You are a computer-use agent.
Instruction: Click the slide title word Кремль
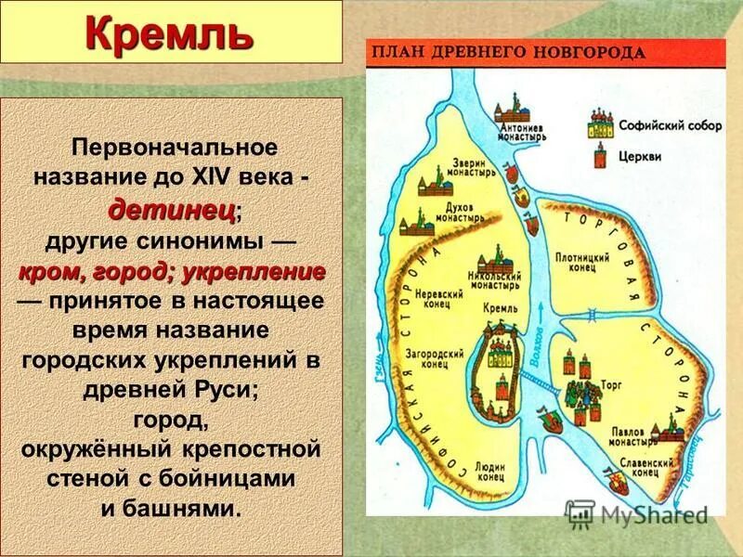(169, 34)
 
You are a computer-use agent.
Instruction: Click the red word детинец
(172, 210)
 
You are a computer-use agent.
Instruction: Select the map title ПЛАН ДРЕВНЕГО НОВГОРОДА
(508, 52)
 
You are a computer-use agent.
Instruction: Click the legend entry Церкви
(642, 157)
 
